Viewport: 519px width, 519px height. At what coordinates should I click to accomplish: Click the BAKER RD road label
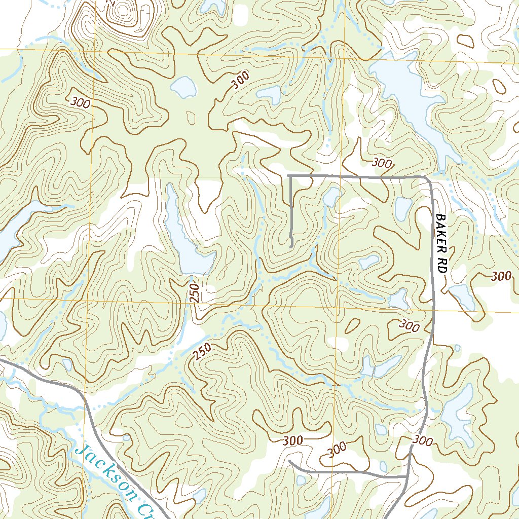440,243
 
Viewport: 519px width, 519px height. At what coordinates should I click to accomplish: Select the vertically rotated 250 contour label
195,293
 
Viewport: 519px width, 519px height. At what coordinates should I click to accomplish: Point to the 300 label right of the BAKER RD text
501,276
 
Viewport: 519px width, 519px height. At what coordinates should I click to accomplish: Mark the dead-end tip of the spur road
291,246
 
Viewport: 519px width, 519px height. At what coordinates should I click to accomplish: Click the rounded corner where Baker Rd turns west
429,180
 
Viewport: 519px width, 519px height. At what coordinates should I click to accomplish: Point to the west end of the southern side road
289,462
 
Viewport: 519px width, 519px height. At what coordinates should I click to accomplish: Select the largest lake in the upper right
411,101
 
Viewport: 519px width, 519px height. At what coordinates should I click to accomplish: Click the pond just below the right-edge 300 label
462,296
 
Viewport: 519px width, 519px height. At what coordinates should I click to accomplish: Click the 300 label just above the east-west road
382,163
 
